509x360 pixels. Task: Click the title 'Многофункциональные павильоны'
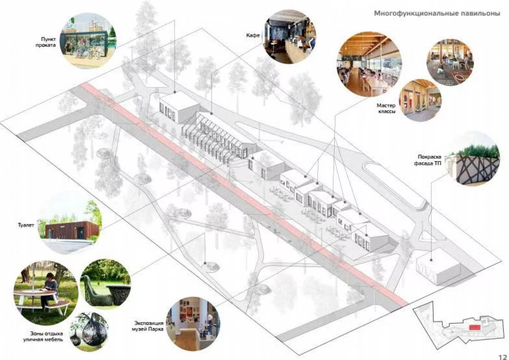(437, 14)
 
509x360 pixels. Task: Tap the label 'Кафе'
(253, 35)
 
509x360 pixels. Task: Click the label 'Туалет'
(26, 225)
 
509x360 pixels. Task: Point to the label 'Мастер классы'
(386, 108)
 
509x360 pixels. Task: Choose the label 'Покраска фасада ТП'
(429, 160)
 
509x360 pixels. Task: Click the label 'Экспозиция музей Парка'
(149, 326)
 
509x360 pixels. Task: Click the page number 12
(502, 356)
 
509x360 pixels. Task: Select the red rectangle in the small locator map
(474, 327)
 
